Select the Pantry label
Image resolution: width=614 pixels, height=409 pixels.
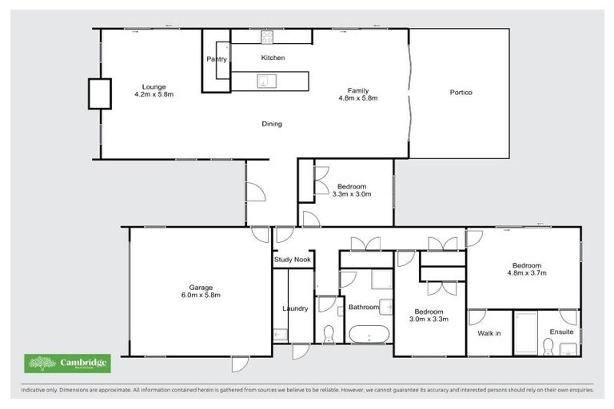(x=217, y=59)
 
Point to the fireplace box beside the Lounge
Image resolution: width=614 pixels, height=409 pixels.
(x=100, y=93)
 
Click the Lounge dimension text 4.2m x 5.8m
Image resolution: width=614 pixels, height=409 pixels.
(x=153, y=94)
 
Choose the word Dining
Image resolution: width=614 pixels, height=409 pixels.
(x=272, y=124)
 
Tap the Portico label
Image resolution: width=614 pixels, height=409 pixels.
(x=460, y=93)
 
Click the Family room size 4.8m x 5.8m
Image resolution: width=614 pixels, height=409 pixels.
(x=357, y=98)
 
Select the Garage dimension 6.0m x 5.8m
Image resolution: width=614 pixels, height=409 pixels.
(x=200, y=295)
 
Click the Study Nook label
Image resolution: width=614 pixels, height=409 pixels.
(x=293, y=260)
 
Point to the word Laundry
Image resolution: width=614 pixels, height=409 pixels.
(x=295, y=308)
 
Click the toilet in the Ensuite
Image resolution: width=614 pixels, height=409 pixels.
(x=548, y=346)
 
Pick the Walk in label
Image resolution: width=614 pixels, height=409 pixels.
(x=488, y=332)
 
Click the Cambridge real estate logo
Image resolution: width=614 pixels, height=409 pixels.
(x=67, y=363)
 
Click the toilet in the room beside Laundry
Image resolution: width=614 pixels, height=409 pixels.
(x=328, y=332)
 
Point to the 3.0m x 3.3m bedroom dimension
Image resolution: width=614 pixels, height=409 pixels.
(x=430, y=319)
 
